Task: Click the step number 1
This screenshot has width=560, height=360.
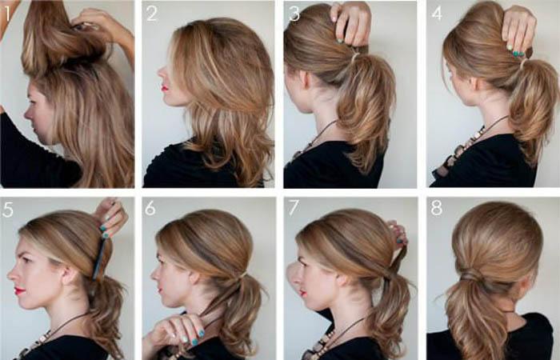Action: point(6,14)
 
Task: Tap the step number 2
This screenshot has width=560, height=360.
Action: point(152,14)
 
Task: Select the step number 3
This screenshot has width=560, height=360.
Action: point(294,14)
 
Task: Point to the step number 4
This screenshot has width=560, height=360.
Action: point(437,14)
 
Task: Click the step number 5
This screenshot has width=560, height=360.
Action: point(7,210)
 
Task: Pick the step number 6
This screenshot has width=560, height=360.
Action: point(150,208)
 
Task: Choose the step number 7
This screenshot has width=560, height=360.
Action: point(294,208)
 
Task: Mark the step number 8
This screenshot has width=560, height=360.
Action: point(437,208)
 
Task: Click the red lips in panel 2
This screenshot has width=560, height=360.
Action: point(164,88)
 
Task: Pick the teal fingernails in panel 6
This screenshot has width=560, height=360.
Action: point(194,338)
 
